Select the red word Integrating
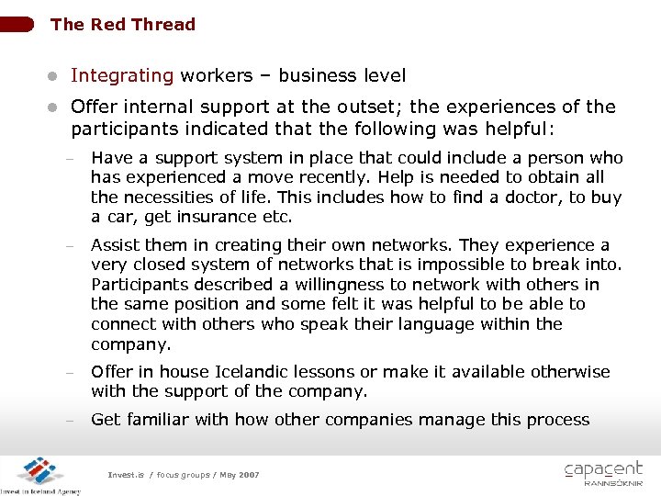click(x=122, y=75)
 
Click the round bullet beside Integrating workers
click(x=54, y=76)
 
